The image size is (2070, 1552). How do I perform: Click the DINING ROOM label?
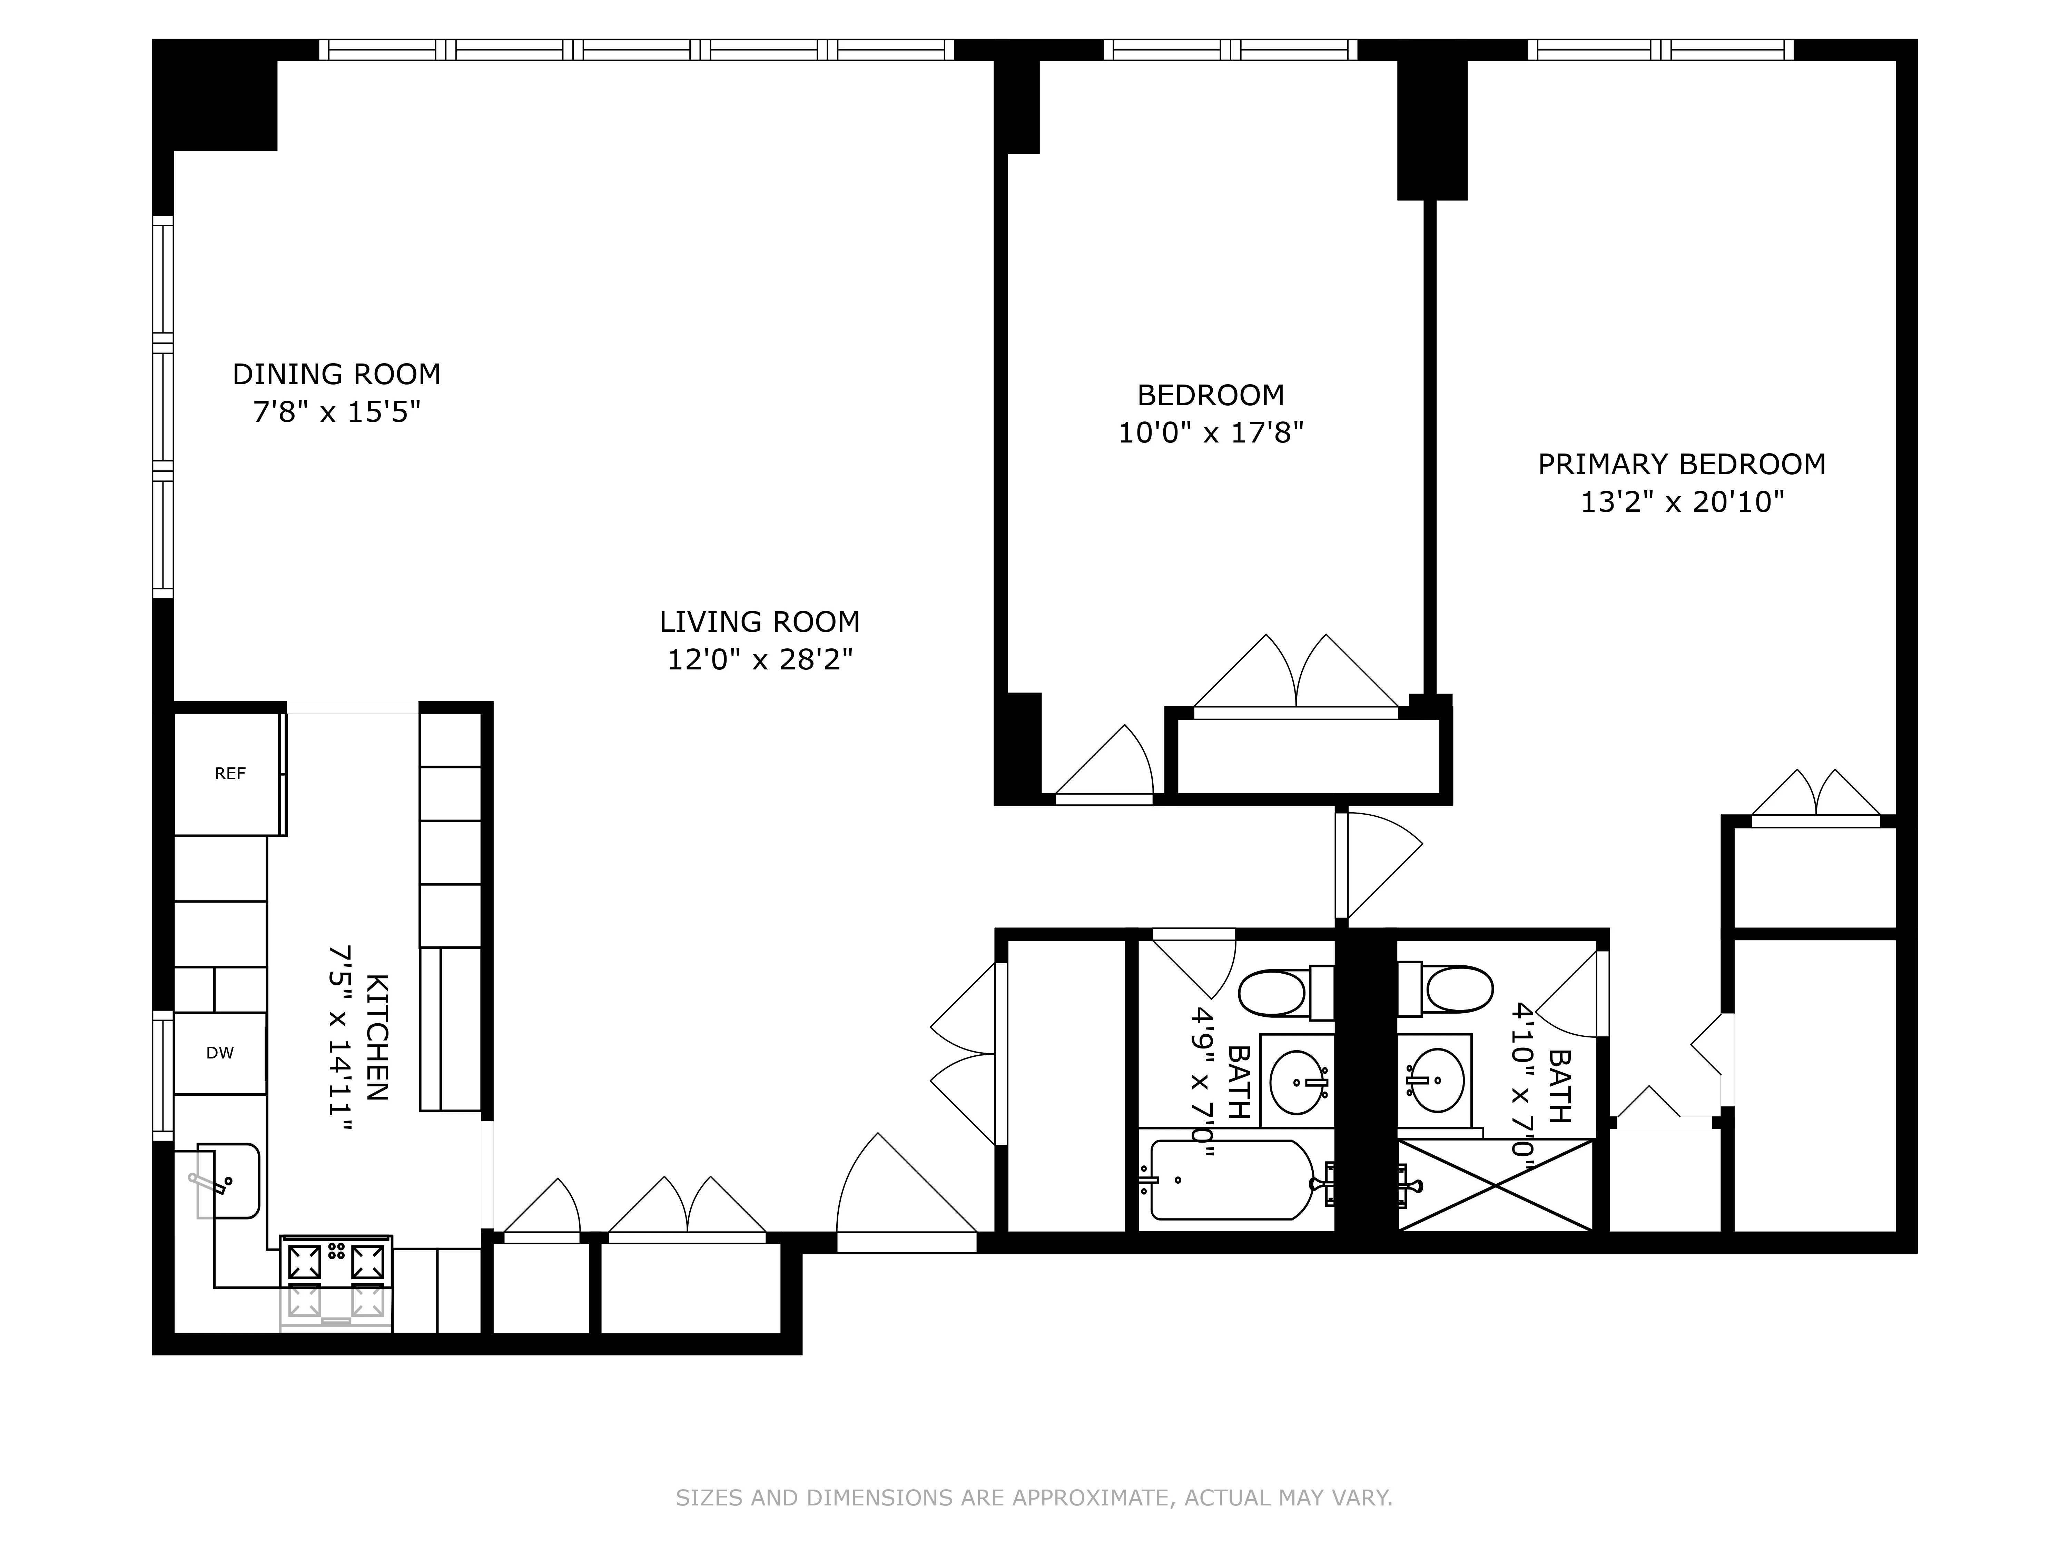point(336,374)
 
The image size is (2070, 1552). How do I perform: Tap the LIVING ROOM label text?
point(759,622)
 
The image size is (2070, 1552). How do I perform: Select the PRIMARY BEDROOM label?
point(1682,464)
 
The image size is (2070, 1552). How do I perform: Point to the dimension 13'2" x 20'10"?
point(1682,503)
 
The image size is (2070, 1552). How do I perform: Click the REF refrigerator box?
point(229,774)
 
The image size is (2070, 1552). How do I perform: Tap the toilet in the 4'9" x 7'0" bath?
point(1274,993)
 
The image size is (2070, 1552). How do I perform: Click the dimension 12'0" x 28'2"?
point(759,660)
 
